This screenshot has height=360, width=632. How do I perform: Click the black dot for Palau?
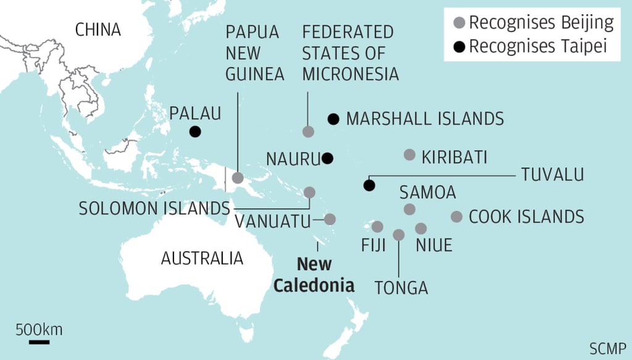(195, 131)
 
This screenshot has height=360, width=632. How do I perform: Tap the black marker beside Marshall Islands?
(333, 119)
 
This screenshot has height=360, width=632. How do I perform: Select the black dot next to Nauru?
(327, 158)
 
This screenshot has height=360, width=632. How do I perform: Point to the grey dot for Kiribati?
(409, 154)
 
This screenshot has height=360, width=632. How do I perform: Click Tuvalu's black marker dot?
(369, 185)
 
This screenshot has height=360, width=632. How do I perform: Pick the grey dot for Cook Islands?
(457, 216)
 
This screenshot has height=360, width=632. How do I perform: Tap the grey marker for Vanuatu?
(330, 219)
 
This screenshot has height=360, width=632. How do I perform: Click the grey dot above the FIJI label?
(377, 227)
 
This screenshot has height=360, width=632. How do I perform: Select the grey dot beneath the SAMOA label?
(409, 209)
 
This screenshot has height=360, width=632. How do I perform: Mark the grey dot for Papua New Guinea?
(238, 178)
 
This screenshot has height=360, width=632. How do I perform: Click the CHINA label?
(98, 30)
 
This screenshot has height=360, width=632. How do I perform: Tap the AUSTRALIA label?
(202, 257)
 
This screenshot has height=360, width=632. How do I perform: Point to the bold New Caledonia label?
(314, 275)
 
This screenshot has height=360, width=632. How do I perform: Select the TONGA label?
(401, 287)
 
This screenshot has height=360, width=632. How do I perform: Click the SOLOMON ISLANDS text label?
(154, 209)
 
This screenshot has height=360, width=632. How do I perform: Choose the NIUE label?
(434, 245)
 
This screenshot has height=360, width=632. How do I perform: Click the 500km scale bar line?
(38, 341)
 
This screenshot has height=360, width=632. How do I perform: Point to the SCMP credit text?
(607, 346)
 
